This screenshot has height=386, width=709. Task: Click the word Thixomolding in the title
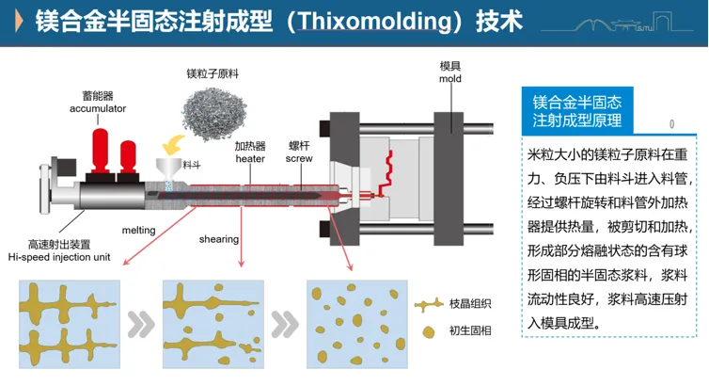click(x=339, y=21)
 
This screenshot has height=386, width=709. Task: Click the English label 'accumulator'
click(x=98, y=108)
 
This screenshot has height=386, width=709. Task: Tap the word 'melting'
click(x=138, y=230)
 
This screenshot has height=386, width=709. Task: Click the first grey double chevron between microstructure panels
click(x=140, y=323)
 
